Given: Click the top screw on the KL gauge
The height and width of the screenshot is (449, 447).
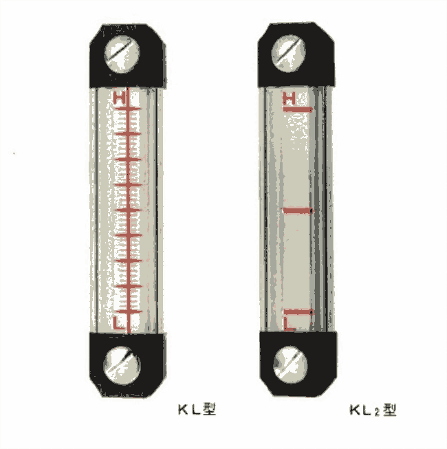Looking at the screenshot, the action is pos(122,54).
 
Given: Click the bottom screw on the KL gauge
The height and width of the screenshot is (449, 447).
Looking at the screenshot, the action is pos(122,366).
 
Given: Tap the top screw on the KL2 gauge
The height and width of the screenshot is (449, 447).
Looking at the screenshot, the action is pos(288,53).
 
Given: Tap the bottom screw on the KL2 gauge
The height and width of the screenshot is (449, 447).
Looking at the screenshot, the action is pos(290,365).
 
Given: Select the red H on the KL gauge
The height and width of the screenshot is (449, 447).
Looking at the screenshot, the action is pos(120,98).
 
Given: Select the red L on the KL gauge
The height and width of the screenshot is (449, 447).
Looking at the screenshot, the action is pos(118,322).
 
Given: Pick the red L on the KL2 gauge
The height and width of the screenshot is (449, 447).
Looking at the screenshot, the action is pos(289,323).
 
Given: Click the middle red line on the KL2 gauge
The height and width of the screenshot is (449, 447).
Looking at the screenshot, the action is pos(298,211).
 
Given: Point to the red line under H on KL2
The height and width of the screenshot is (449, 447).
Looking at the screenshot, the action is pos(298,109).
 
